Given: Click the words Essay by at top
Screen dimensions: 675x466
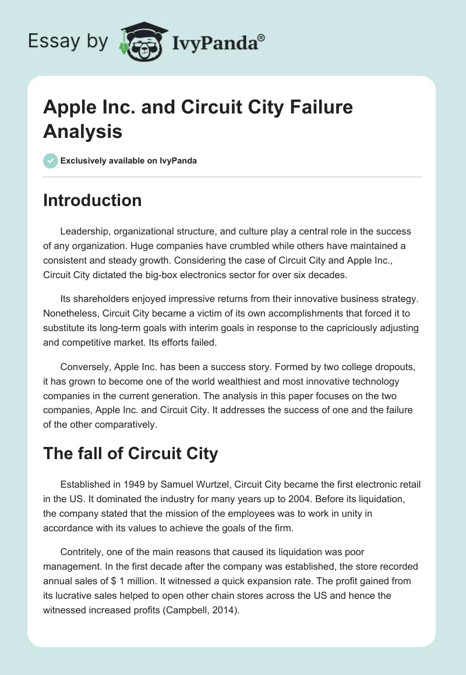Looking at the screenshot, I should pyautogui.click(x=68, y=42).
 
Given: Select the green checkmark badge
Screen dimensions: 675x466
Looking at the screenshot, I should pyautogui.click(x=51, y=161).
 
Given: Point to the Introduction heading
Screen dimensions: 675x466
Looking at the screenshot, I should pyautogui.click(x=93, y=200).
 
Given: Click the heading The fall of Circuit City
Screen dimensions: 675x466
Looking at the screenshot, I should pyautogui.click(x=130, y=454).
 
